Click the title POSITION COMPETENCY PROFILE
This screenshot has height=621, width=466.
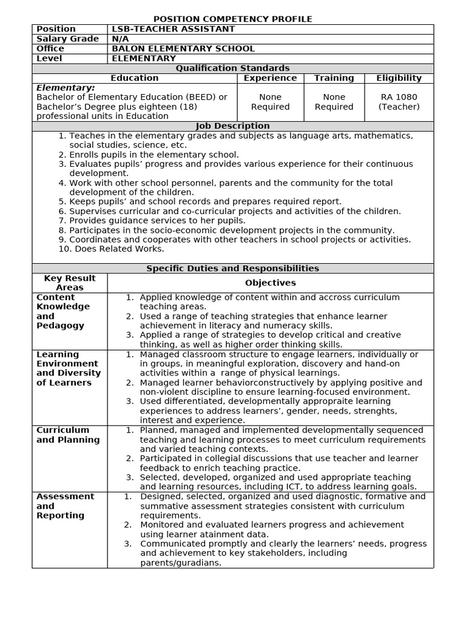click(232, 19)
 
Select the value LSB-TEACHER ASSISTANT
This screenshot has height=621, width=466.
click(173, 29)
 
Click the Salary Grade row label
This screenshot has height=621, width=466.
click(67, 39)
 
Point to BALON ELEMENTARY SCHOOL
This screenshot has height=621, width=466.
click(183, 49)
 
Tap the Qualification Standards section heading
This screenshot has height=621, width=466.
click(232, 68)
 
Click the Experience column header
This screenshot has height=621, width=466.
click(270, 78)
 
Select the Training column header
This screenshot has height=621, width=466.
click(334, 78)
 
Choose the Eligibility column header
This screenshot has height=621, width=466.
click(399, 78)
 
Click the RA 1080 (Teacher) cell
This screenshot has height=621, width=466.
click(399, 102)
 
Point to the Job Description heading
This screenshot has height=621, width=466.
click(232, 126)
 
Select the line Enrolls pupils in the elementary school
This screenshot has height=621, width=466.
click(154, 155)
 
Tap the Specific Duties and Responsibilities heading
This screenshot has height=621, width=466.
click(232, 268)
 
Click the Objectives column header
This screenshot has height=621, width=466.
click(270, 283)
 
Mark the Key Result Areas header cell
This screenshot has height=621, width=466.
click(70, 283)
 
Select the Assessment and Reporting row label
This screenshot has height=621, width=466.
click(65, 506)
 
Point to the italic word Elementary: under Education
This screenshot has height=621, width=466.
click(66, 88)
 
